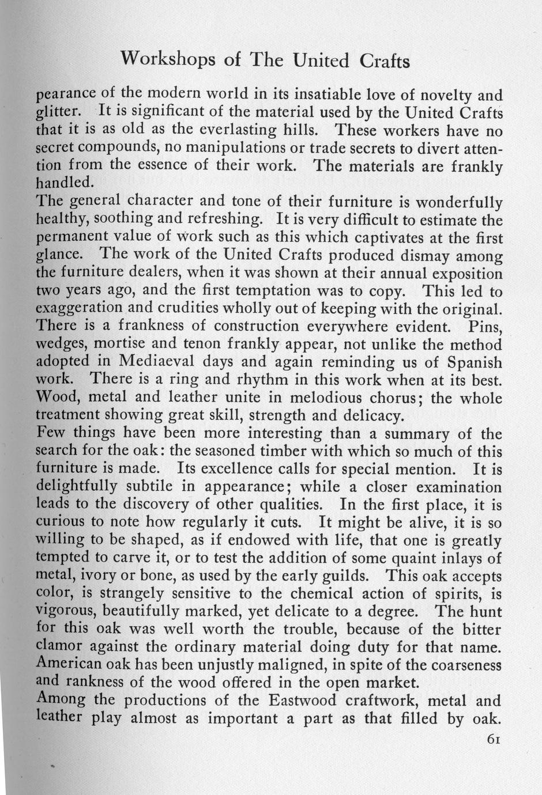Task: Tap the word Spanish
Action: click(x=469, y=363)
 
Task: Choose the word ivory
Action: click(x=97, y=576)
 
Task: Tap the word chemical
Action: click(x=321, y=593)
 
